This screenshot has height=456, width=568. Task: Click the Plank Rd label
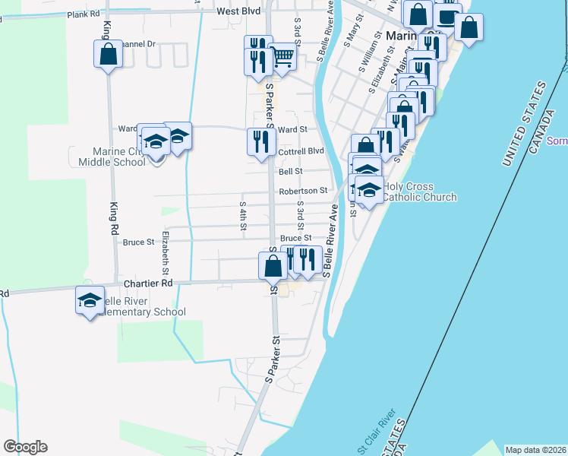pos(84,14)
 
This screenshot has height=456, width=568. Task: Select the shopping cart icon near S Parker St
pos(282,55)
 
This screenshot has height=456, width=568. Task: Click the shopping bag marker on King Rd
pos(108,54)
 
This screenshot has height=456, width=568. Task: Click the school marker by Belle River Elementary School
pos(90,300)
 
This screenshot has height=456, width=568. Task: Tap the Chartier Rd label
pos(148,283)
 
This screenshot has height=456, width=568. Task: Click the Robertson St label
pos(303,191)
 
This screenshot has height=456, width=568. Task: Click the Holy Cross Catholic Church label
pos(419,192)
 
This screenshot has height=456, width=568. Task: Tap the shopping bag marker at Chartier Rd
pos(273,266)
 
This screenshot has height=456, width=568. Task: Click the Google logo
pos(25,447)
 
